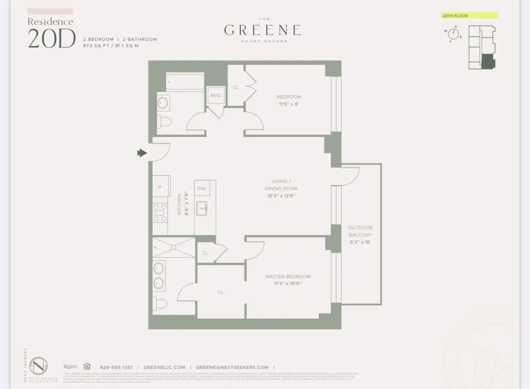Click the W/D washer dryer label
tap(216, 95)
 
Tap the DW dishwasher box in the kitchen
tap(201, 188)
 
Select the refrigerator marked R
tap(160, 187)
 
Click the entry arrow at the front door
tap(142, 153)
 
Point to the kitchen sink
tap(202, 208)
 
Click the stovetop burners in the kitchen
tap(159, 212)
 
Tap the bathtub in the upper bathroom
tap(184, 83)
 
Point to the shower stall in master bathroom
tap(173, 247)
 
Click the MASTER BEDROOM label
tap(288, 276)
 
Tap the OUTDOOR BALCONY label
tap(360, 231)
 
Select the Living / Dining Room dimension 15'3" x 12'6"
tap(281, 196)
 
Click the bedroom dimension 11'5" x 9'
tap(289, 104)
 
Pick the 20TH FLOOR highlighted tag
tap(469, 16)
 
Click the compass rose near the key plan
tap(453, 34)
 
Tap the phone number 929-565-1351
tap(116, 368)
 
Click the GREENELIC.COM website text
tap(164, 368)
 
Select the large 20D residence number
tap(52, 39)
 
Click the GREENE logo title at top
tap(262, 30)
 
